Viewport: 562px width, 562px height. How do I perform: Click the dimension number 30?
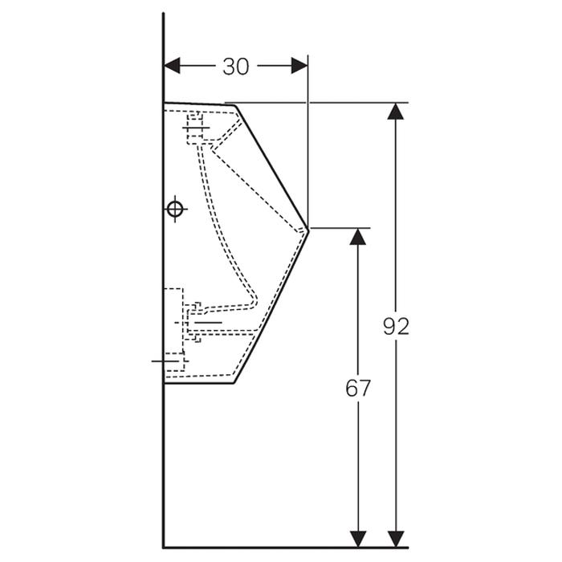tap(235, 67)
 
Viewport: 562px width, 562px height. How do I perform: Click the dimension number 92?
tap(395, 326)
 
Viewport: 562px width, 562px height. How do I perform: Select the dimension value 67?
tap(358, 388)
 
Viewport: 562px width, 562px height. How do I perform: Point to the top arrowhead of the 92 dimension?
tap(394, 111)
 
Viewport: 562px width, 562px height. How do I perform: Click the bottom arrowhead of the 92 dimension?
tap(394, 540)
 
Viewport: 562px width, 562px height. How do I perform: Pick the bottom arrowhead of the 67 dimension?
tap(359, 540)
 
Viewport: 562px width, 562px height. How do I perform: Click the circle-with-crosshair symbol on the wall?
tap(175, 210)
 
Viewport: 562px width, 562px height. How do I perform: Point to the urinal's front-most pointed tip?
tap(308, 230)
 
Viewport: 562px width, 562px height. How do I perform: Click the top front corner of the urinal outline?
tap(234, 104)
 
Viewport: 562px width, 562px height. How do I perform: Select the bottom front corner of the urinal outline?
tap(233, 382)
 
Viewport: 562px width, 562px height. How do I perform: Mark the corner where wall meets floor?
tap(164, 547)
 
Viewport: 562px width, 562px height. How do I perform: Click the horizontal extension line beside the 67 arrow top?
tap(341, 228)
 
